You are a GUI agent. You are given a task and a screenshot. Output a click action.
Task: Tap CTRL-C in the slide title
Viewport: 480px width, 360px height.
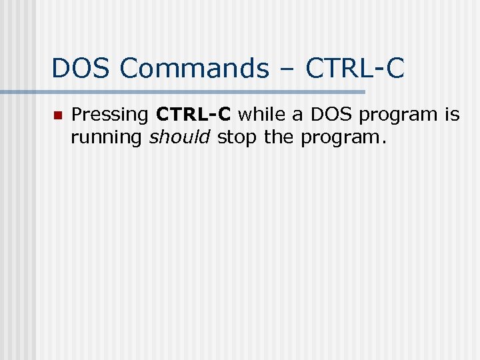click(355, 68)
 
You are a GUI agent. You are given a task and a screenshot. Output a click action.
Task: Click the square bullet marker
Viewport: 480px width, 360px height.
click(57, 115)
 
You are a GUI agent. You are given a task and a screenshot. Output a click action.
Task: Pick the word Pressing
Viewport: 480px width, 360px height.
click(110, 115)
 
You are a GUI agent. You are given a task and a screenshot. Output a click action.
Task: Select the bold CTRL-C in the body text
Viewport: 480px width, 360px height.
click(193, 115)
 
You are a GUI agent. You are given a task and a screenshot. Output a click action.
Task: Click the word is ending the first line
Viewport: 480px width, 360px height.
click(453, 115)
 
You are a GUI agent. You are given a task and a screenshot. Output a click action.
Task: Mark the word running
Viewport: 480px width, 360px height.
click(107, 138)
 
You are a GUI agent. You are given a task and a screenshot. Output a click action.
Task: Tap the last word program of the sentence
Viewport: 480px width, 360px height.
click(341, 139)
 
